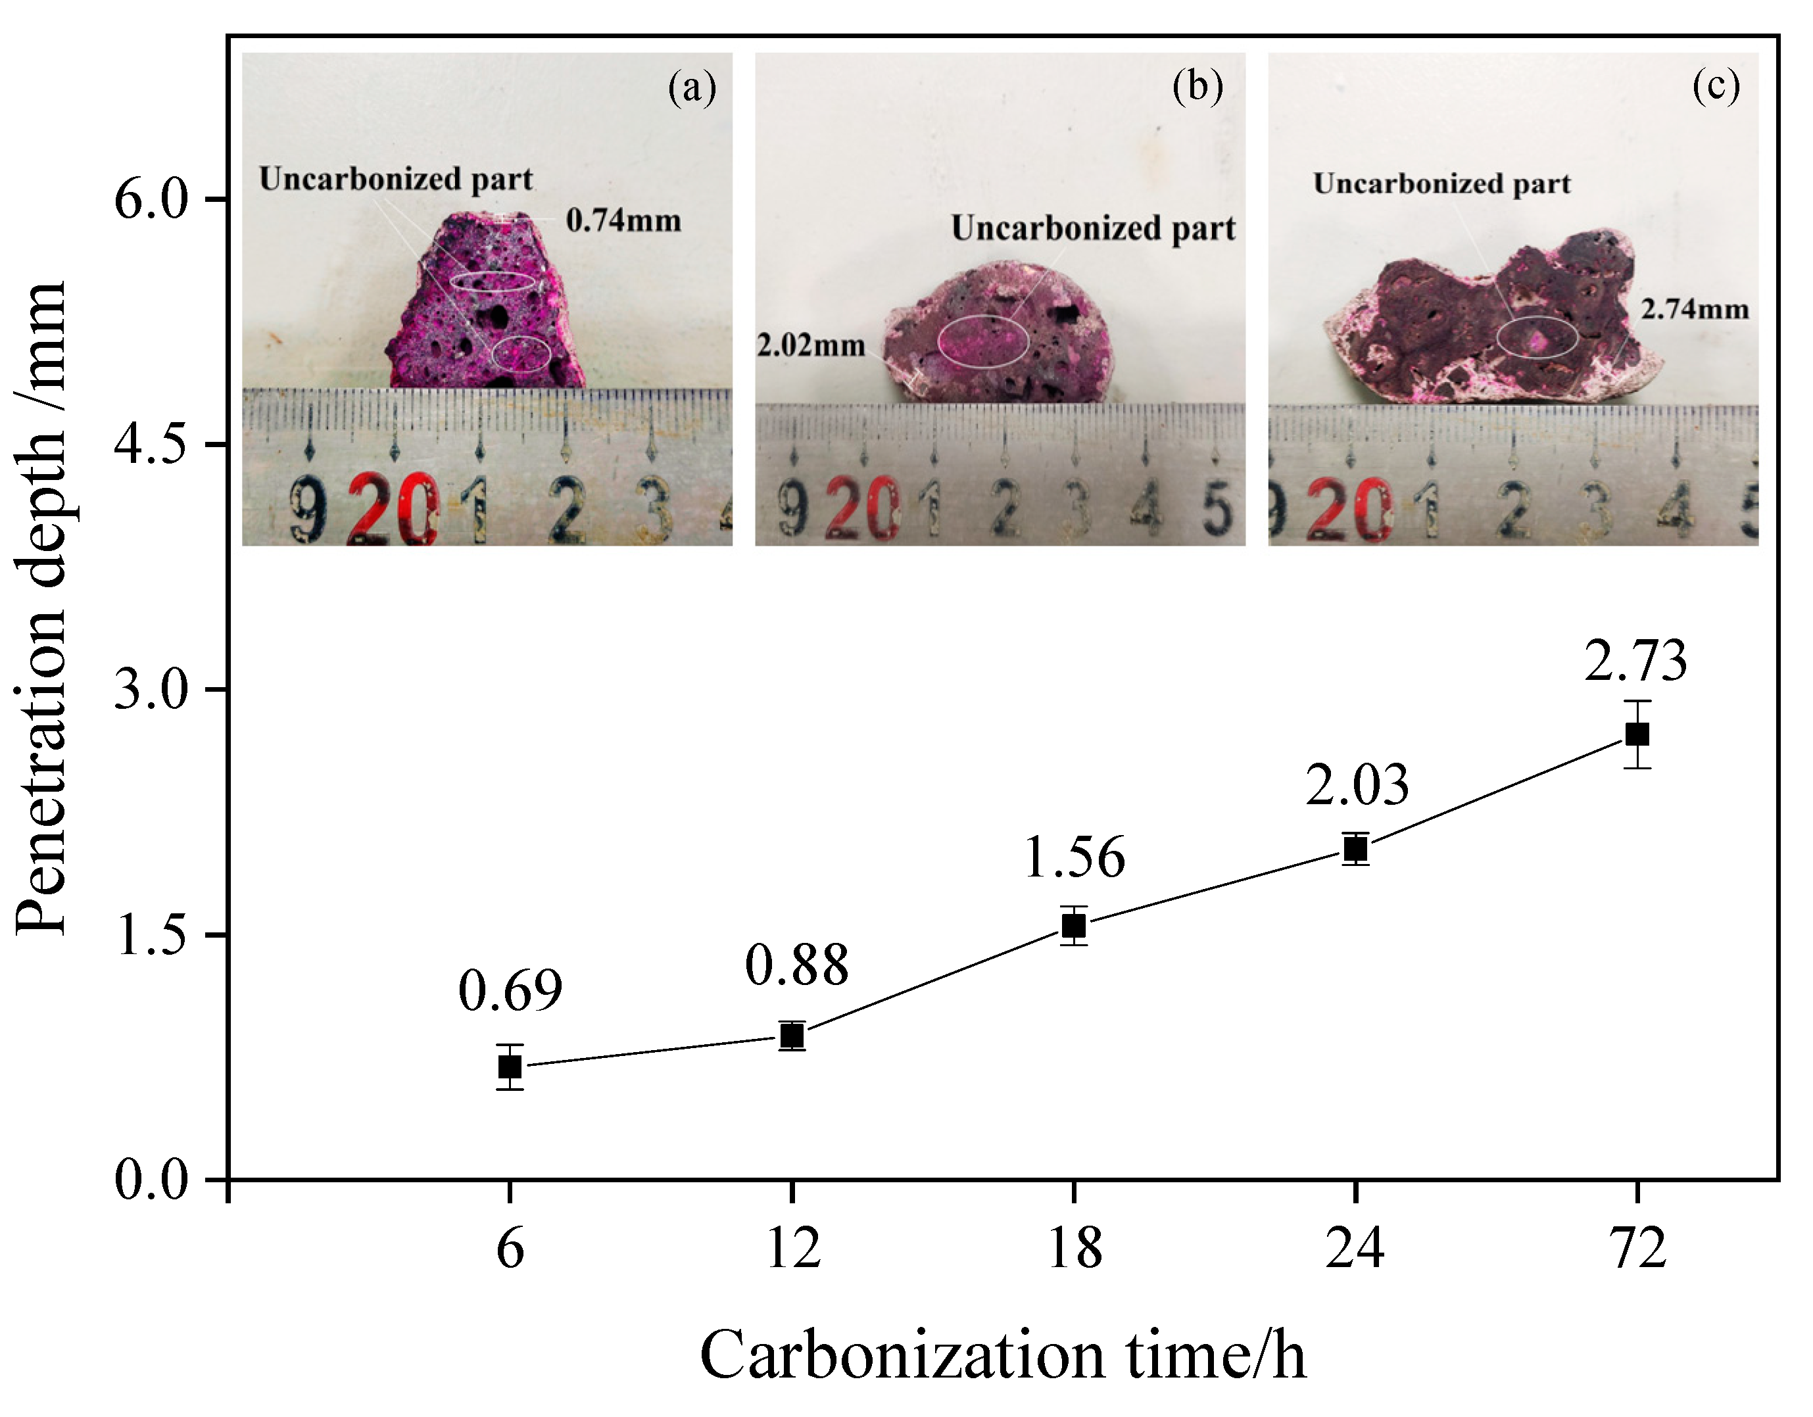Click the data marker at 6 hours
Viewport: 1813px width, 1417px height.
[x=510, y=1066]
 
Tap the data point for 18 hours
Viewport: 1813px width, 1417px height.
[x=1073, y=925]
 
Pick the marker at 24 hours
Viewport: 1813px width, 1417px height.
[x=1355, y=848]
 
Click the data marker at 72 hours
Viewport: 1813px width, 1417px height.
[x=1637, y=734]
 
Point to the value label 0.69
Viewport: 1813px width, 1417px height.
[x=510, y=990]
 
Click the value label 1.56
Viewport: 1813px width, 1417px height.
[x=1074, y=857]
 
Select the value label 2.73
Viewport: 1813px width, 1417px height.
[x=1635, y=661]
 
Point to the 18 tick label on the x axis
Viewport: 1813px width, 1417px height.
[x=1074, y=1247]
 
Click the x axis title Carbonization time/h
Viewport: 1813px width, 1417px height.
[x=1003, y=1355]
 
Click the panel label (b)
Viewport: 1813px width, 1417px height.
[x=1197, y=85]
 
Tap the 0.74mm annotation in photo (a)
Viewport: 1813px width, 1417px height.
[x=623, y=221]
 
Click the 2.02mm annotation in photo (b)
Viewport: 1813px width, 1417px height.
[x=810, y=345]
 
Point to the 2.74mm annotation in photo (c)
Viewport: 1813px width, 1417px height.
[x=1694, y=309]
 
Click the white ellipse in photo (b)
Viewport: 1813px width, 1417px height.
[x=984, y=341]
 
